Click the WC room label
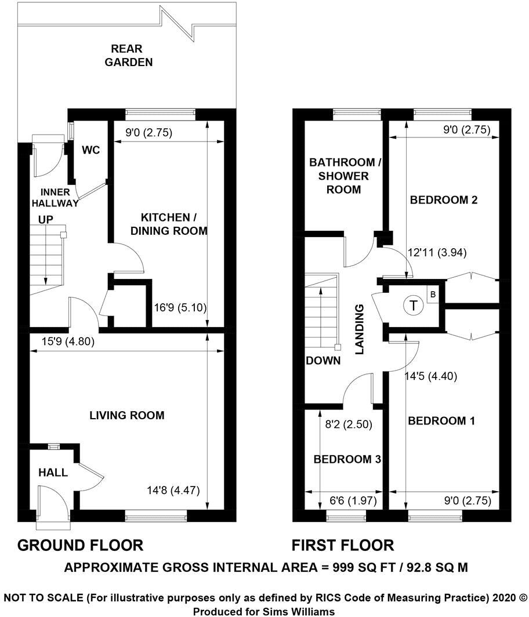pos(91,151)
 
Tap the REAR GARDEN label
pos(129,56)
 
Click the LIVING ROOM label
pos(127,415)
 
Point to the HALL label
pos(53,473)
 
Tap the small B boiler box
pos(432,295)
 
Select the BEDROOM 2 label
pos(444,200)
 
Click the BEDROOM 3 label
pos(347,459)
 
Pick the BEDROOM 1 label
pos(441,421)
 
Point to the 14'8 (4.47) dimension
pos(173,490)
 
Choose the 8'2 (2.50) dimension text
pos(347,424)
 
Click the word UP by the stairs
pos(46,220)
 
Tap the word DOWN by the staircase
pos(323,360)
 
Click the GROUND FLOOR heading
pos(81,545)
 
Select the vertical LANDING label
pos(360,329)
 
